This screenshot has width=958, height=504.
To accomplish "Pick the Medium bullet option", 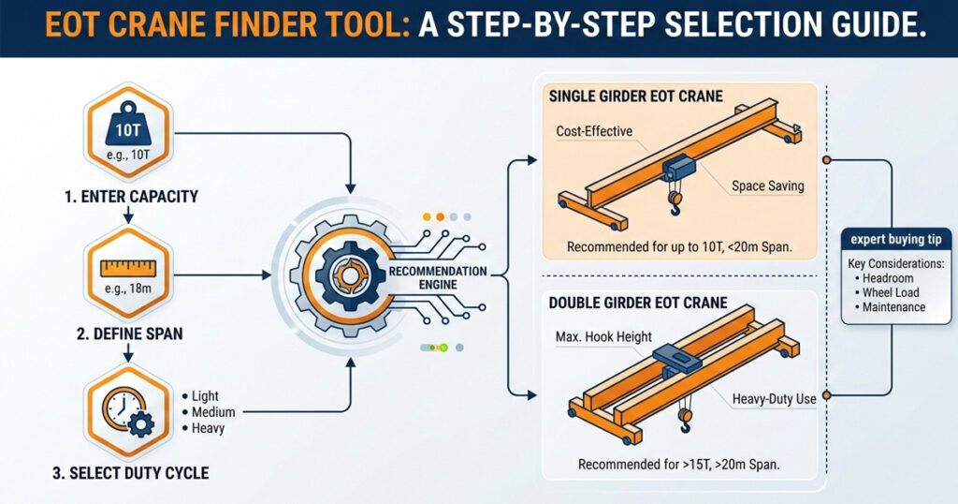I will (x=213, y=412).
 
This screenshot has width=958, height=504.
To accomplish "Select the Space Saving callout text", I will (x=767, y=185).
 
